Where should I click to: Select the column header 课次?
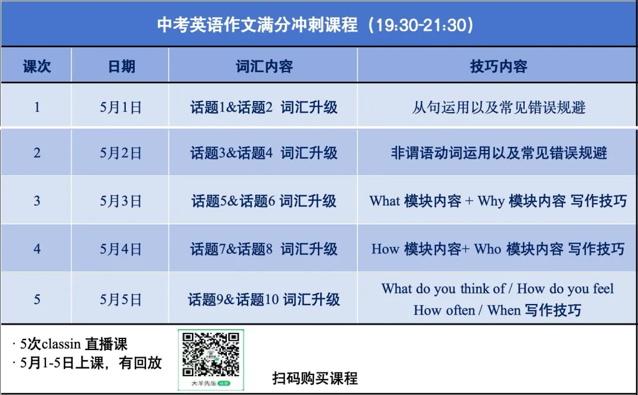coord(37,66)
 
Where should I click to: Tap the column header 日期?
coord(121,66)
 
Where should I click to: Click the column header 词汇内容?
coord(263,66)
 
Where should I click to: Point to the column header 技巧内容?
coord(498,66)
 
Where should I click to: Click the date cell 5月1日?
coord(121,107)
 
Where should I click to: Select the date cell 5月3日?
coord(121,201)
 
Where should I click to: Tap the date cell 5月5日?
coord(121,300)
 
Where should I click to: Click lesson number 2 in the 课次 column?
coord(37,154)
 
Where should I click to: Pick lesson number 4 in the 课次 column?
coord(37,249)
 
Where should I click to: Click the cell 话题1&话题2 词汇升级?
coord(263,107)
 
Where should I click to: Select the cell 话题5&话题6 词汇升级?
coord(263,201)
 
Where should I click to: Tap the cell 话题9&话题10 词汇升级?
coord(263,300)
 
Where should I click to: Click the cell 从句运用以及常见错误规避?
coord(498,107)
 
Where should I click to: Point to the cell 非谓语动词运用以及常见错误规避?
coord(498,154)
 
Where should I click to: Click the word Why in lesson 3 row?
coord(491,201)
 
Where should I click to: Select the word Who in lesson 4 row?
coord(487,249)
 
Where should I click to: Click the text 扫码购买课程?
coord(315,378)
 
